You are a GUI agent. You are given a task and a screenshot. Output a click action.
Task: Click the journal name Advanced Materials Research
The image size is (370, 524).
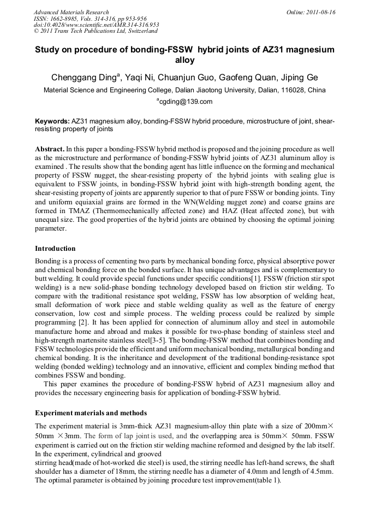[x=71, y=12]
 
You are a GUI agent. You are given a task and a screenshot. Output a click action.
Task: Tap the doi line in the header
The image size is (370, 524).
[x=96, y=25]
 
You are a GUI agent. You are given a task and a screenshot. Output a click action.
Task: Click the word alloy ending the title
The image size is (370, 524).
[x=184, y=60]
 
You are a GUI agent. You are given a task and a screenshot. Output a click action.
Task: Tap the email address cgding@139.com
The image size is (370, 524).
[x=186, y=101]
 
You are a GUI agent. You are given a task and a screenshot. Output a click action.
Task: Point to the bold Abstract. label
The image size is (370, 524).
[x=50, y=149]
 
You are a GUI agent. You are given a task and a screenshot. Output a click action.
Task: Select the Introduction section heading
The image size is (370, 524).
[x=55, y=249]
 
